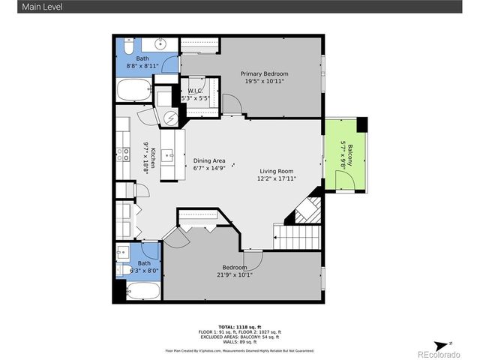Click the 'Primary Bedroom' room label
click(264, 73)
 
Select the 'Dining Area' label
click(209, 160)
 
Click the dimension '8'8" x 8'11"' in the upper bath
click(142, 66)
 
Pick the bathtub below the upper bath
click(136, 91)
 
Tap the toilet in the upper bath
click(128, 48)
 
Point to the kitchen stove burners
click(121, 155)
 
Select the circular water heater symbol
click(170, 118)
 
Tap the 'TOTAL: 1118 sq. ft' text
click(239, 328)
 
